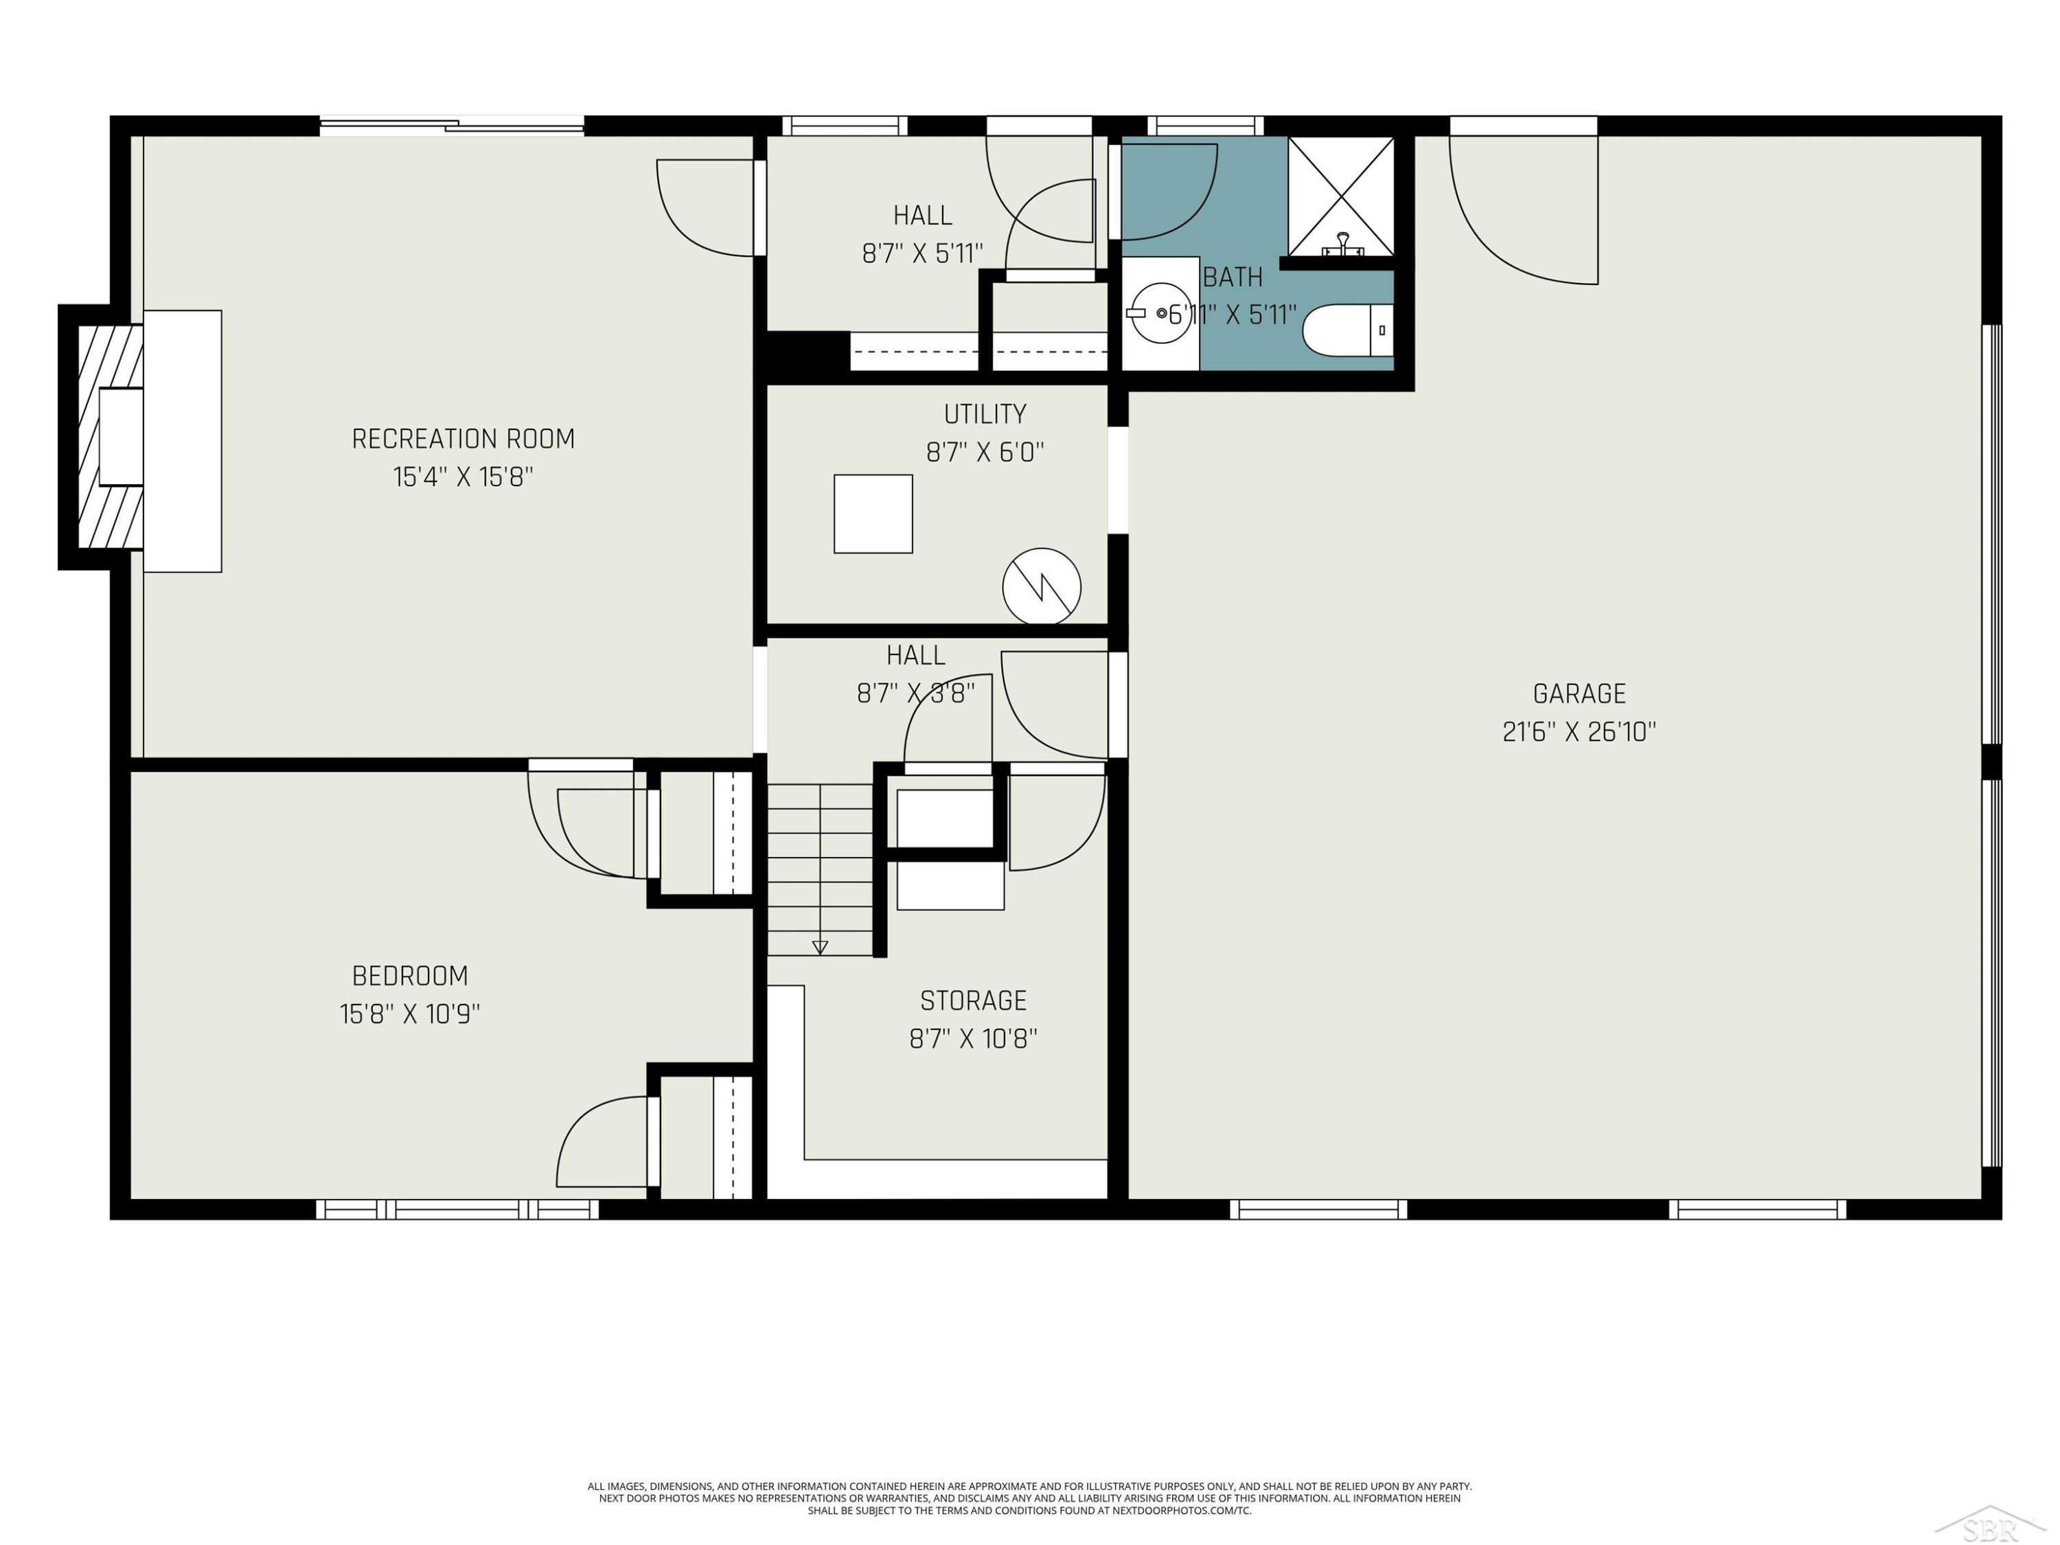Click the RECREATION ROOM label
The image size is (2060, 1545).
tap(463, 439)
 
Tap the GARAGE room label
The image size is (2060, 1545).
tap(1579, 694)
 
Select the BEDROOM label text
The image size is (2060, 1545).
tap(410, 976)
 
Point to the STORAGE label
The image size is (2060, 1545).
tap(973, 1001)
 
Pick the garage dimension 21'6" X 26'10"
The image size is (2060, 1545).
tap(1579, 732)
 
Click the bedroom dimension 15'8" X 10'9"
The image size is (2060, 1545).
tap(410, 1014)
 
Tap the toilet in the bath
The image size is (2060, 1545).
tap(1347, 330)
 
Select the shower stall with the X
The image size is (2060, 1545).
tap(1341, 196)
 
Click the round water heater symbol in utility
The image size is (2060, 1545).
tap(1041, 586)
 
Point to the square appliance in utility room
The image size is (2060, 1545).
tap(873, 514)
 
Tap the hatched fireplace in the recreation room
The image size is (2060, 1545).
tap(110, 437)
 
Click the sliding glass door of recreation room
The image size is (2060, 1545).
tap(452, 126)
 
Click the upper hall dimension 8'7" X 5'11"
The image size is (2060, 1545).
tap(922, 253)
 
